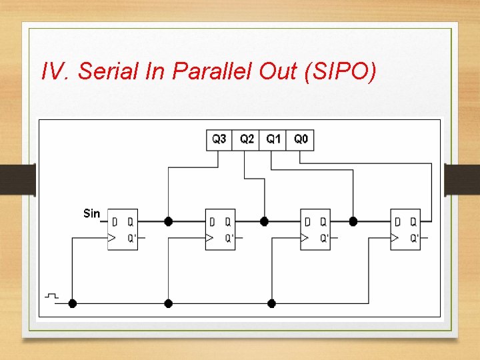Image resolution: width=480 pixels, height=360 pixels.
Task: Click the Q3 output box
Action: (219, 139)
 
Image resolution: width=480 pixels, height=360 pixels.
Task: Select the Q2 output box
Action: (246, 139)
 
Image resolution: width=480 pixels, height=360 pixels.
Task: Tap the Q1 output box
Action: (273, 139)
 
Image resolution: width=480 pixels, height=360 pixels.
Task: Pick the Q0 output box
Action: (301, 139)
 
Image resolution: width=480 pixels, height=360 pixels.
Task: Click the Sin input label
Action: (91, 213)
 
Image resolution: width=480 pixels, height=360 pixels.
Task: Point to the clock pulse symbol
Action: (51, 295)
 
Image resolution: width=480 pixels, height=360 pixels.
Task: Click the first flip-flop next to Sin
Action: (123, 229)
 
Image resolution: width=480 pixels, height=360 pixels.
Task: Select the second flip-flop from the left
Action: (220, 229)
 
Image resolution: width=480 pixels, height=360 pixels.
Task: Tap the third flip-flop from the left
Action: (315, 229)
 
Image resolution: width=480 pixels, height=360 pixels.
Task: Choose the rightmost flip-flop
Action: (405, 229)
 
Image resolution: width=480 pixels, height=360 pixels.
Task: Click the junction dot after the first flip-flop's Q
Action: (168, 221)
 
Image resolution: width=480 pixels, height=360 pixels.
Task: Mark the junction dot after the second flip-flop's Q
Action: (264, 221)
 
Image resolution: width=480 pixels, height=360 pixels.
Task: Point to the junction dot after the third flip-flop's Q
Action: (353, 221)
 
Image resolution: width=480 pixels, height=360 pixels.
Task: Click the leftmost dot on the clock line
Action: (73, 303)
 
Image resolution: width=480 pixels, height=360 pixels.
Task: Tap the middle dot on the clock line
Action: (168, 303)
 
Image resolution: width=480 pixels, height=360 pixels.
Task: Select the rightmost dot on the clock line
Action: (271, 303)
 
